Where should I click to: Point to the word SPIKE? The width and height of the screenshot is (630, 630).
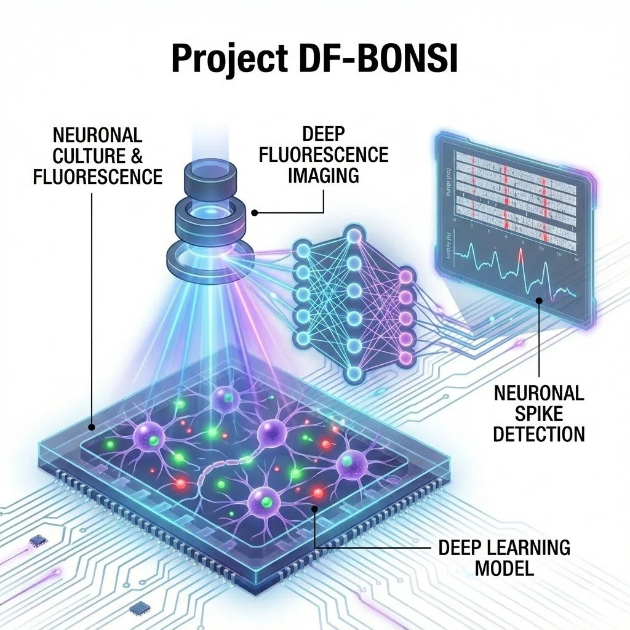(538, 412)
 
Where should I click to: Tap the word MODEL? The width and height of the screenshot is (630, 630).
(504, 567)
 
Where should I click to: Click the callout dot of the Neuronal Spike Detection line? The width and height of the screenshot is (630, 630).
(539, 301)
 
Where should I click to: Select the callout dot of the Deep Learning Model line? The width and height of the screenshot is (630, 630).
(315, 508)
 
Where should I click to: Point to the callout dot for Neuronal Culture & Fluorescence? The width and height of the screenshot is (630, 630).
(92, 426)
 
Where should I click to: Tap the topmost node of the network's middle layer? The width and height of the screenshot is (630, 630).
(353, 235)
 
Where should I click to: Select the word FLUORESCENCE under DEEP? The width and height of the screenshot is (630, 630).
(324, 154)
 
